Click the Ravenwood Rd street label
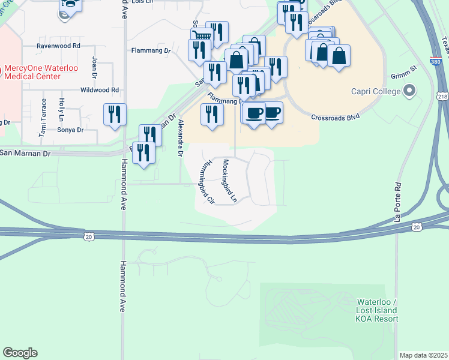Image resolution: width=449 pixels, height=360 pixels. (x=58, y=46)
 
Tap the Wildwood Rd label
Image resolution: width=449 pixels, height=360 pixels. (x=100, y=90)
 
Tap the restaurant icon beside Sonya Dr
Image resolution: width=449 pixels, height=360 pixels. (x=115, y=115)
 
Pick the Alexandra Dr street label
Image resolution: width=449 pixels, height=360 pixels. (x=180, y=137)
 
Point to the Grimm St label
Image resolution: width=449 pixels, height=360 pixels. (x=405, y=71)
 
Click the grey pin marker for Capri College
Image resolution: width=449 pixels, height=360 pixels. (x=410, y=91)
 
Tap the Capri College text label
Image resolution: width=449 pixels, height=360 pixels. (x=376, y=92)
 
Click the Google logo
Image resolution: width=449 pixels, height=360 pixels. (x=20, y=353)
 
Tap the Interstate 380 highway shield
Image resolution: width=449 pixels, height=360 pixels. (x=436, y=61)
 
